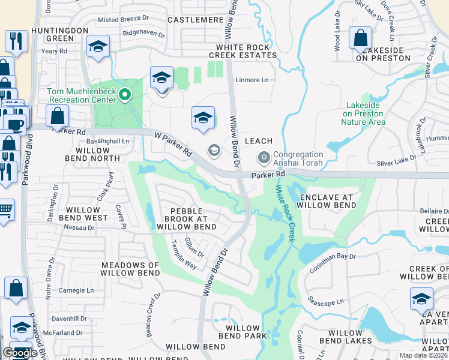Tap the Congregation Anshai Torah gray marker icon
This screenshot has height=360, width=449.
263,158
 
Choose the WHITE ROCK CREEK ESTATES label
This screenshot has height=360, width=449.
246,51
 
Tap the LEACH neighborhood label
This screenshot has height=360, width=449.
259,141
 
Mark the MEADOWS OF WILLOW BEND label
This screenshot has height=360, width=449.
130,269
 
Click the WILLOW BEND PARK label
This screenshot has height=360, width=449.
246,332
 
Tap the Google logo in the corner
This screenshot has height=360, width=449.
20,353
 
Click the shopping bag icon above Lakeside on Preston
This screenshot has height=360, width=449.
360,38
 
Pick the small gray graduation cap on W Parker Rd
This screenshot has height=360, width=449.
213,150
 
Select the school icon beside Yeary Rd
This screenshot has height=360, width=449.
97,47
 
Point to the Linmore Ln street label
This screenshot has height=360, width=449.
252,80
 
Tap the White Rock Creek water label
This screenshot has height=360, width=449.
285,213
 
